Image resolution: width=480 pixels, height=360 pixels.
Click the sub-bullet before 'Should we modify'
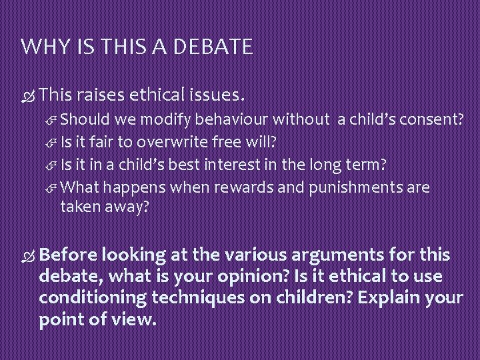coord(53,120)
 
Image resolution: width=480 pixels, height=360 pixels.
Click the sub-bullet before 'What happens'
coord(53,188)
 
